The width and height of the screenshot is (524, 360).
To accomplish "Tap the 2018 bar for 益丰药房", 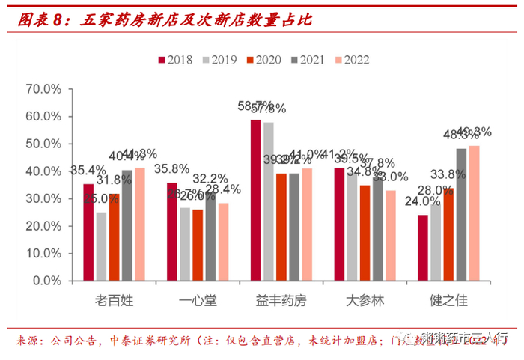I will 256,200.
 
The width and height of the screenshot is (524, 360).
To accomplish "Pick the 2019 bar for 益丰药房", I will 269,201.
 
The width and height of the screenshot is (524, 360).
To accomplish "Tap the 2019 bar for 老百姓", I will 101,246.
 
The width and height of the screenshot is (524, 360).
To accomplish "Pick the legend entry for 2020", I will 267,60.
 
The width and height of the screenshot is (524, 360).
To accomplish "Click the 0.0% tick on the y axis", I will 49,281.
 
